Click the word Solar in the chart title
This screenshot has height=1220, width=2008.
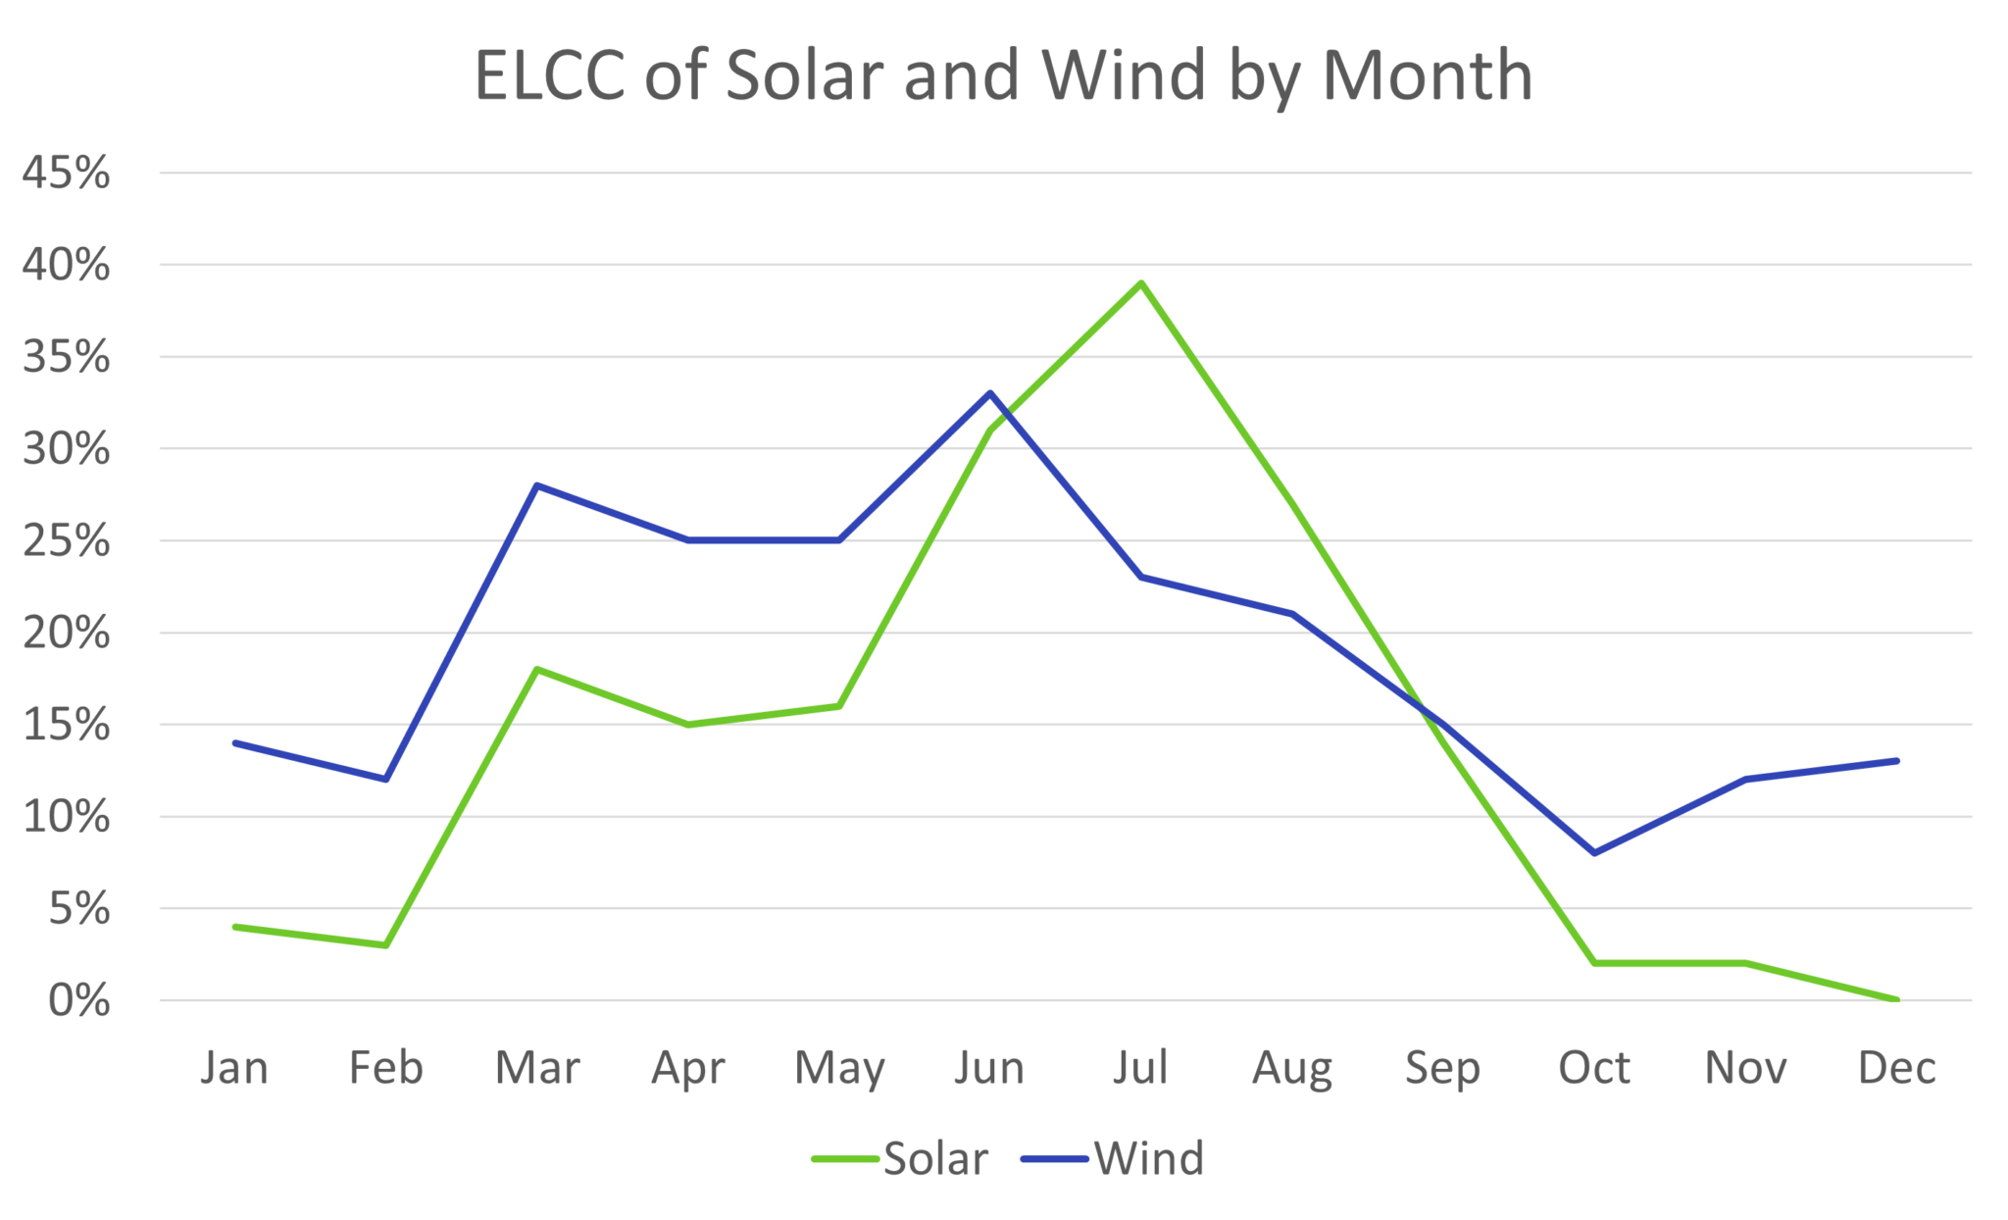pyautogui.click(x=804, y=76)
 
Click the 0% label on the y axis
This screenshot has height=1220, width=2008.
pyautogui.click(x=78, y=1000)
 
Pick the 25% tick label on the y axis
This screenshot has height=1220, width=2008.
pyautogui.click(x=66, y=540)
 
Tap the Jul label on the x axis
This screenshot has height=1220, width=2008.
pyautogui.click(x=1140, y=1067)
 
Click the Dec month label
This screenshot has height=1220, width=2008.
pyautogui.click(x=1896, y=1067)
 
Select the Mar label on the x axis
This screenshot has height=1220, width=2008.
pyautogui.click(x=537, y=1067)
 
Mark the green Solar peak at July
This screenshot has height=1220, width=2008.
pyautogui.click(x=1141, y=283)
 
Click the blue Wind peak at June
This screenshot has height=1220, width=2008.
pyautogui.click(x=990, y=393)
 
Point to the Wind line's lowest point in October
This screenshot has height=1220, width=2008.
pyautogui.click(x=1595, y=852)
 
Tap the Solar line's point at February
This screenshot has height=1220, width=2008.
pyautogui.click(x=385, y=945)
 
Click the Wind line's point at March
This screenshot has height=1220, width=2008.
pyautogui.click(x=537, y=485)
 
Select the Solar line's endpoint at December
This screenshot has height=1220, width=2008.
pyautogui.click(x=1896, y=999)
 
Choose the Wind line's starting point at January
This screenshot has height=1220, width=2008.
pyautogui.click(x=235, y=742)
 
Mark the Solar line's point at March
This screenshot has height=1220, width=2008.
pyautogui.click(x=537, y=670)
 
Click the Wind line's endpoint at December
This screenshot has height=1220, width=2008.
pyautogui.click(x=1896, y=760)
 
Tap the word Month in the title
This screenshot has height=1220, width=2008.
pyautogui.click(x=1427, y=76)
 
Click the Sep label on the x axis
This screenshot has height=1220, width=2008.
pyautogui.click(x=1442, y=1067)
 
